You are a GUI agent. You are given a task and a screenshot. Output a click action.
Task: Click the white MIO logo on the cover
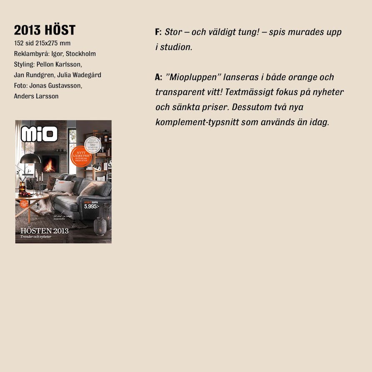coord(39,134)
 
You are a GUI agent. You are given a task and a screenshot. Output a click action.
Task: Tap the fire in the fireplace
coord(50,165)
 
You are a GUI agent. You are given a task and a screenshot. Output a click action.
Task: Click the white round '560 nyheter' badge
coord(92,145)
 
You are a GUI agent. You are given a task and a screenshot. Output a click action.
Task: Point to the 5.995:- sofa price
coord(91,206)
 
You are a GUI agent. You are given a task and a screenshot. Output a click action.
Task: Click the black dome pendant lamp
coord(30,158)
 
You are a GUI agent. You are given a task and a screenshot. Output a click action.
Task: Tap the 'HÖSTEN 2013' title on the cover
coord(45,230)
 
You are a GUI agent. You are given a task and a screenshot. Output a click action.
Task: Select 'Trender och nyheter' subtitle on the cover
coord(36,237)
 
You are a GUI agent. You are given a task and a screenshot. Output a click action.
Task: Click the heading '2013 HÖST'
coord(45,30)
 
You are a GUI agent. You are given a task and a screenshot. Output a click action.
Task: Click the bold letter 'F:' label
coord(158,32)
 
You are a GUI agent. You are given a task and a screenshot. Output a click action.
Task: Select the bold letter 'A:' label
coord(158,77)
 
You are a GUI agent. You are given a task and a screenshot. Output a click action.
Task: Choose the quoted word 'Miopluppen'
coord(193,77)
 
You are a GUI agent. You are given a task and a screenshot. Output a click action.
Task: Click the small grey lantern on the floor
coord(100,226)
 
